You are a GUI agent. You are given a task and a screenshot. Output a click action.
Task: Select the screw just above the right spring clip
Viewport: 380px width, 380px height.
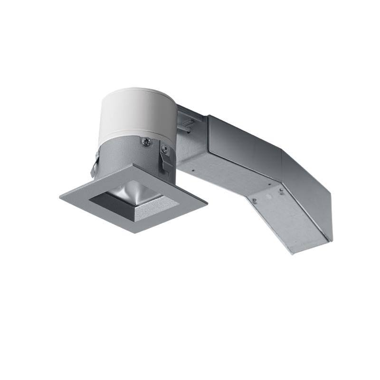pyautogui.click(x=165, y=149)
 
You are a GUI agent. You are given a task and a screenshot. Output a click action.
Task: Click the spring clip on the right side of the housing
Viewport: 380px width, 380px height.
pyautogui.click(x=166, y=161)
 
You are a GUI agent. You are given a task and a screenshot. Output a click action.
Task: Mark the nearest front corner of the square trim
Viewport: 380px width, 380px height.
pyautogui.click(x=135, y=232)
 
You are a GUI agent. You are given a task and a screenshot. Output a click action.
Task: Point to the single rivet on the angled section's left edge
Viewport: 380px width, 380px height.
pyautogui.click(x=254, y=201)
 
